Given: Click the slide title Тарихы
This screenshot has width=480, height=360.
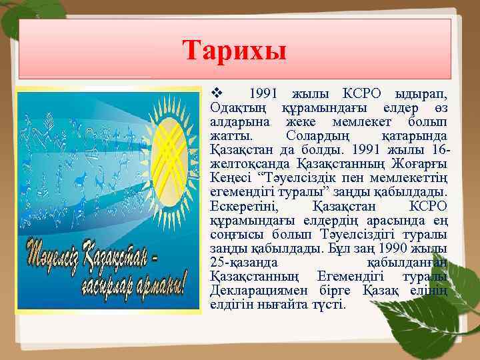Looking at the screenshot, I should (234, 51).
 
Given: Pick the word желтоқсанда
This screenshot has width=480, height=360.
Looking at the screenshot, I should (241, 165).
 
